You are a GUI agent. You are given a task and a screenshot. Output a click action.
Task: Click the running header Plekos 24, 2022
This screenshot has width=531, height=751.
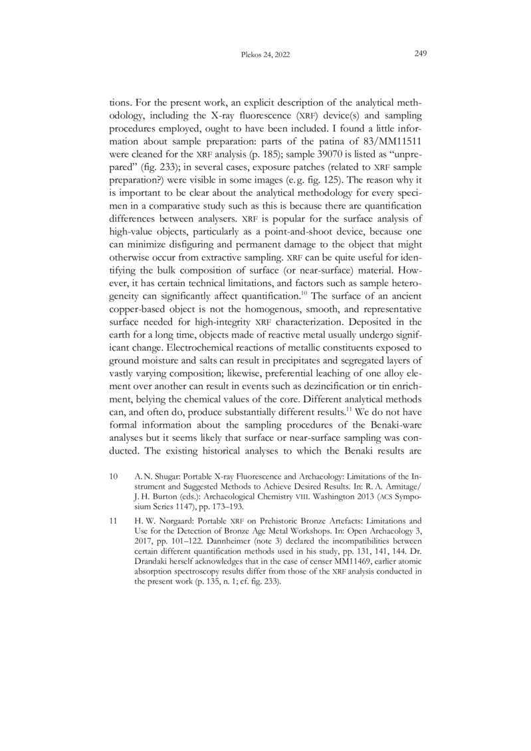coord(265,54)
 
